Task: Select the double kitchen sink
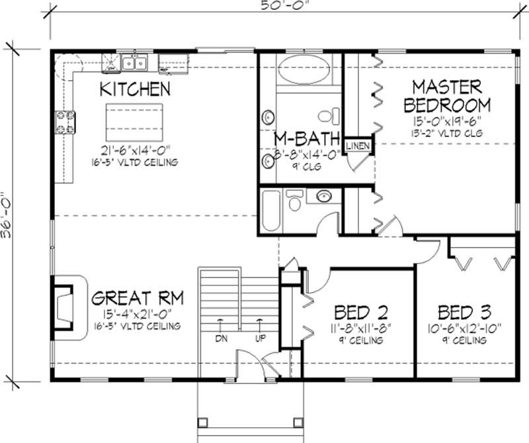click(x=132, y=64)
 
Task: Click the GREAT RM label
click(x=137, y=296)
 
